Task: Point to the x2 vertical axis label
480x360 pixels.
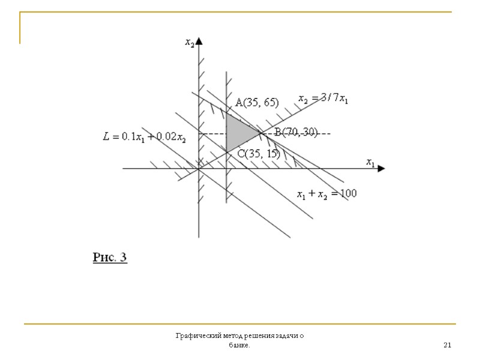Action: click(x=190, y=42)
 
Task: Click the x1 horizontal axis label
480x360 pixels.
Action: click(x=370, y=162)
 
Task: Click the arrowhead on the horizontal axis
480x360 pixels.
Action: click(x=380, y=169)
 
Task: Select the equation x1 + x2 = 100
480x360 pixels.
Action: click(x=327, y=194)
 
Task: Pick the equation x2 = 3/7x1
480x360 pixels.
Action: click(x=323, y=99)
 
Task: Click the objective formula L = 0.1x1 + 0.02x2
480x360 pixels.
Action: click(x=144, y=137)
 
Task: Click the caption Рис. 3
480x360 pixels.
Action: click(x=110, y=258)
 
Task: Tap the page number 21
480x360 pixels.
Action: click(x=447, y=345)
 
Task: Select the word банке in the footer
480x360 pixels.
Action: click(x=239, y=346)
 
